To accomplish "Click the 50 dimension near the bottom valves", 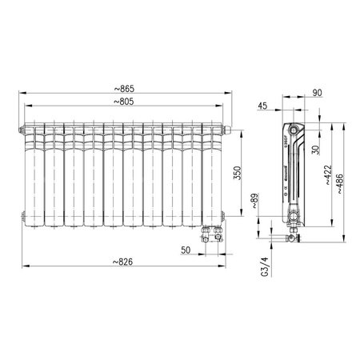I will click(186, 250).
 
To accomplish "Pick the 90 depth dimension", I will click(317, 94).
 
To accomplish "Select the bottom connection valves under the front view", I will click(213, 232).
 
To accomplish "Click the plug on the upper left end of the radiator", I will click(19, 127).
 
